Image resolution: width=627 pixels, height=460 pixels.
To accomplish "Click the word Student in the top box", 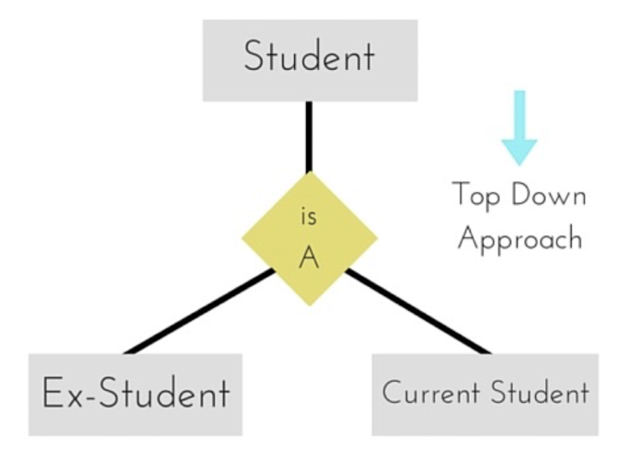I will [x=309, y=57].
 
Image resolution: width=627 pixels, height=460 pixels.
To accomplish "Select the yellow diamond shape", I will [x=309, y=238].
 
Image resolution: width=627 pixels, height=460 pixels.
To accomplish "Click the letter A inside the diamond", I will [x=309, y=258].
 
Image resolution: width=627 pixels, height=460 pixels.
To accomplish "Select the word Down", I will [x=549, y=196].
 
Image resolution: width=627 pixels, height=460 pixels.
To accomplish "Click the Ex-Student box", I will [x=135, y=395].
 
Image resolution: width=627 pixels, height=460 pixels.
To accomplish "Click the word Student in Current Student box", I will [x=539, y=394].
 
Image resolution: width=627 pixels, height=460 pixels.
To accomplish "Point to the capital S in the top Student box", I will [x=256, y=57].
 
